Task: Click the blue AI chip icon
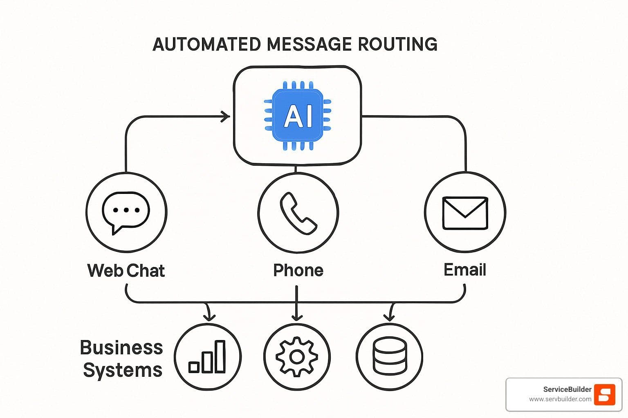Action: coord(297,116)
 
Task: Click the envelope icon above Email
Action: coord(465,213)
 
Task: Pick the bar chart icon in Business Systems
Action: coord(207,357)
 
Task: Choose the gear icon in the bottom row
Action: coord(297,357)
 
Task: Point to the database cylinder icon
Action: coord(390,357)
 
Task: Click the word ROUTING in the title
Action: coord(397,44)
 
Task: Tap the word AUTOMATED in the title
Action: coord(206,44)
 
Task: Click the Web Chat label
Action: coord(126,271)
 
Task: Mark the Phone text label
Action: coord(298,270)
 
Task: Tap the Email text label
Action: coord(465,270)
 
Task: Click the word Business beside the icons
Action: coord(121,348)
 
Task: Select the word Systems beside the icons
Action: coord(123,370)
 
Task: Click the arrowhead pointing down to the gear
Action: coord(297,318)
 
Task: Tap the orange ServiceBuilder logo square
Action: coord(604,394)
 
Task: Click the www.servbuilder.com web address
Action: coord(560,399)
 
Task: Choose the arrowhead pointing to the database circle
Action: coord(390,317)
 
